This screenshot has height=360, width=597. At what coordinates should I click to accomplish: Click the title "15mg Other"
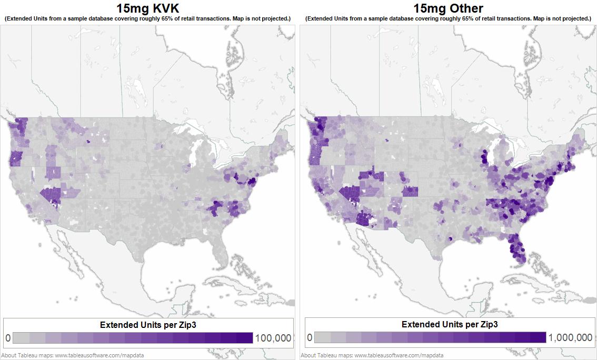coord(448,8)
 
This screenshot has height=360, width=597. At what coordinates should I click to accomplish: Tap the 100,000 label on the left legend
coord(273,338)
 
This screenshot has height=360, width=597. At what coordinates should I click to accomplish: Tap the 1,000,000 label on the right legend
coord(570,338)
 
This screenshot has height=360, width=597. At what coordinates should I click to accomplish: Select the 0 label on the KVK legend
coord(7,338)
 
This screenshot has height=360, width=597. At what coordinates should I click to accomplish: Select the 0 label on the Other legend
coord(310,338)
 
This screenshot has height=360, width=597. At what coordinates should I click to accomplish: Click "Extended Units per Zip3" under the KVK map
coord(148,325)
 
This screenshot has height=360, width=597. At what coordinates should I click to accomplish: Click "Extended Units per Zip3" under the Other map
coord(450,325)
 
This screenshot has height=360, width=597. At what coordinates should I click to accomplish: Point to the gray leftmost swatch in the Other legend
coord(323,338)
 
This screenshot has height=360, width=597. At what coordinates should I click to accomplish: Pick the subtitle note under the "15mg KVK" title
coord(147,18)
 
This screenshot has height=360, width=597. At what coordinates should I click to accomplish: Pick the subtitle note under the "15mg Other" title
coord(448,18)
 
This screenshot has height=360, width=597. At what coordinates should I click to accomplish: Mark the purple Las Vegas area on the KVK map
coord(53,196)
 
